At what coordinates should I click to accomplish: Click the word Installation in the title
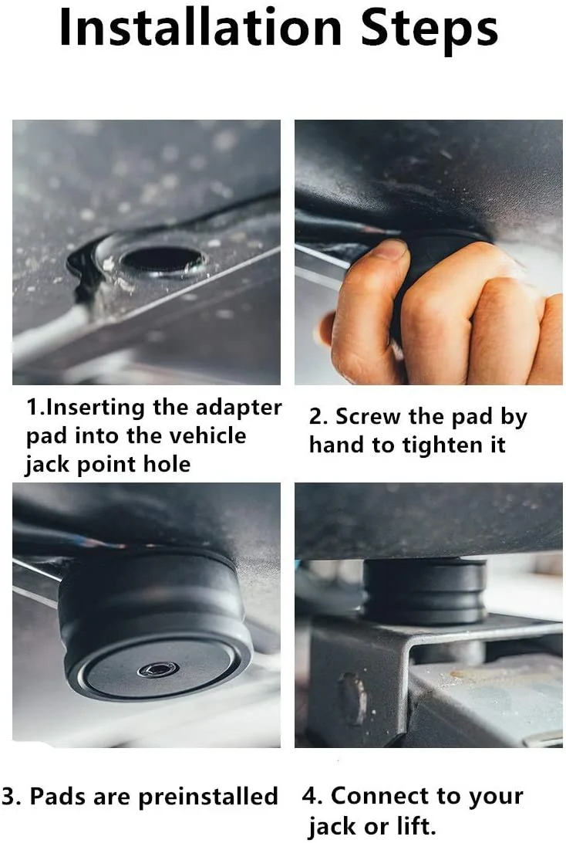(200, 27)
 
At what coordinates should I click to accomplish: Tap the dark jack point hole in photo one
(162, 259)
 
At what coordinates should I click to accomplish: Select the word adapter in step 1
(238, 408)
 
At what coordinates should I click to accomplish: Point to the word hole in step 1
(167, 463)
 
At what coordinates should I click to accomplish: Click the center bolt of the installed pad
(158, 669)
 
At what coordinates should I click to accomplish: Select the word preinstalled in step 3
(208, 797)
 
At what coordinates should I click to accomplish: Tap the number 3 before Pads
(9, 797)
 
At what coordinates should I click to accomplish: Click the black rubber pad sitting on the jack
(424, 591)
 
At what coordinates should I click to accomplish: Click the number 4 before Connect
(312, 797)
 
